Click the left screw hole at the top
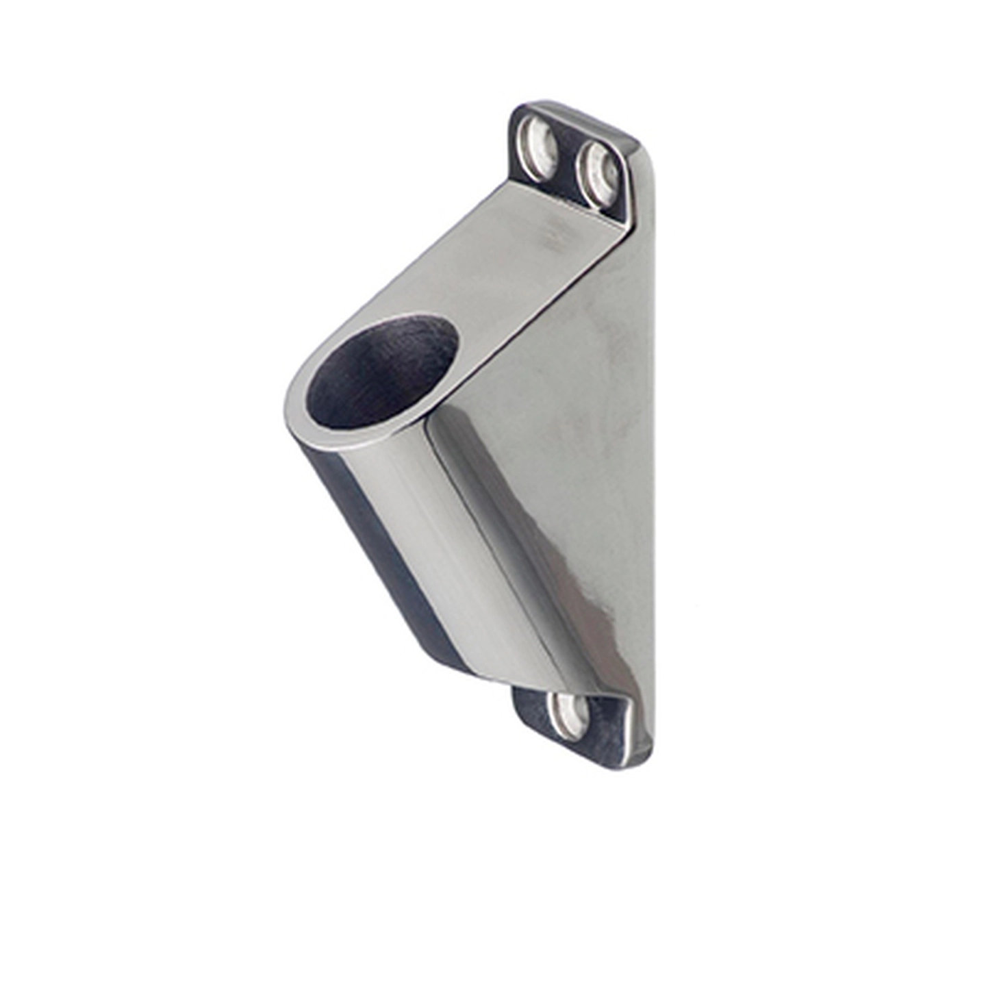[538, 147]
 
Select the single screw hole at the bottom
[569, 715]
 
